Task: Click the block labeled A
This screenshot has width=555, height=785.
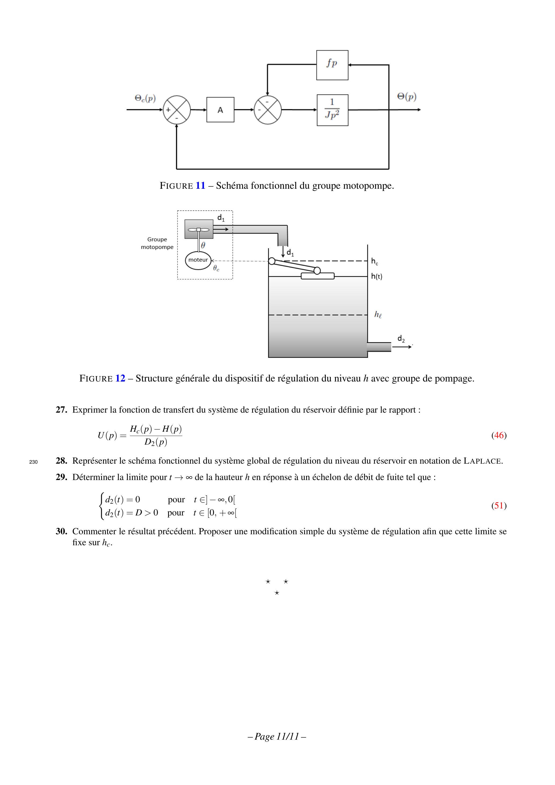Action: [x=220, y=110]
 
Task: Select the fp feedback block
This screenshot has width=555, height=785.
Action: [x=332, y=65]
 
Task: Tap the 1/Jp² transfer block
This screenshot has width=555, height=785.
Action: [x=332, y=110]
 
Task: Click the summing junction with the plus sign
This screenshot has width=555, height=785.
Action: [x=176, y=110]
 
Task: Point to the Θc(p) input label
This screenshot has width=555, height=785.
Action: [x=145, y=99]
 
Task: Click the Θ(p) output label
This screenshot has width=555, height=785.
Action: [x=407, y=97]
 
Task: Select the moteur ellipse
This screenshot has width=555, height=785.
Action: [x=198, y=260]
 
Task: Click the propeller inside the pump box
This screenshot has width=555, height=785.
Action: [x=198, y=230]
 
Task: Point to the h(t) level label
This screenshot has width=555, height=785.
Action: [x=376, y=277]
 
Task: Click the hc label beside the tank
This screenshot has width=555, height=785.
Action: [x=375, y=261]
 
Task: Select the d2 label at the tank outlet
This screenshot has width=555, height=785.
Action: [x=401, y=339]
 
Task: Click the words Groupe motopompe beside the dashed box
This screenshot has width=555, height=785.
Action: [x=157, y=243]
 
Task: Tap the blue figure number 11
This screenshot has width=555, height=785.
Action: [x=200, y=186]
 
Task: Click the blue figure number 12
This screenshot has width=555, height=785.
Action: [x=120, y=379]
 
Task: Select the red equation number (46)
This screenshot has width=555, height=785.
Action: [x=499, y=435]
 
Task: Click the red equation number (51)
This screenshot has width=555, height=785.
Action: [x=499, y=506]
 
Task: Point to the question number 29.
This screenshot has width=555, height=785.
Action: [x=61, y=477]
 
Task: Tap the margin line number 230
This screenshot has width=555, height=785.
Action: [x=33, y=462]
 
